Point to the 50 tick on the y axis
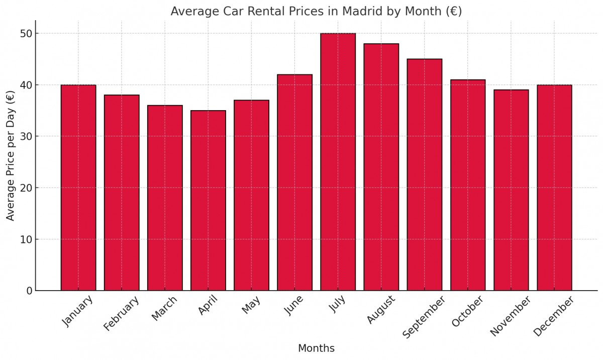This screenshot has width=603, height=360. point(26,34)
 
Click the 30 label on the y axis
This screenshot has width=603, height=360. point(26,136)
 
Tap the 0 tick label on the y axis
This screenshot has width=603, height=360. point(29,291)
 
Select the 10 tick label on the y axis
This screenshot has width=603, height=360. point(26,239)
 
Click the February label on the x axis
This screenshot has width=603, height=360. point(121,314)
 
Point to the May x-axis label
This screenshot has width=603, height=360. point(251,305)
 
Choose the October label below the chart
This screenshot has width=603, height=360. point(467,311)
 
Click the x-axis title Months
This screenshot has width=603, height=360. point(316,348)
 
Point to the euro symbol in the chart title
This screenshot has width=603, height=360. point(452,11)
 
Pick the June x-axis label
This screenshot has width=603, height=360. point(293,305)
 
